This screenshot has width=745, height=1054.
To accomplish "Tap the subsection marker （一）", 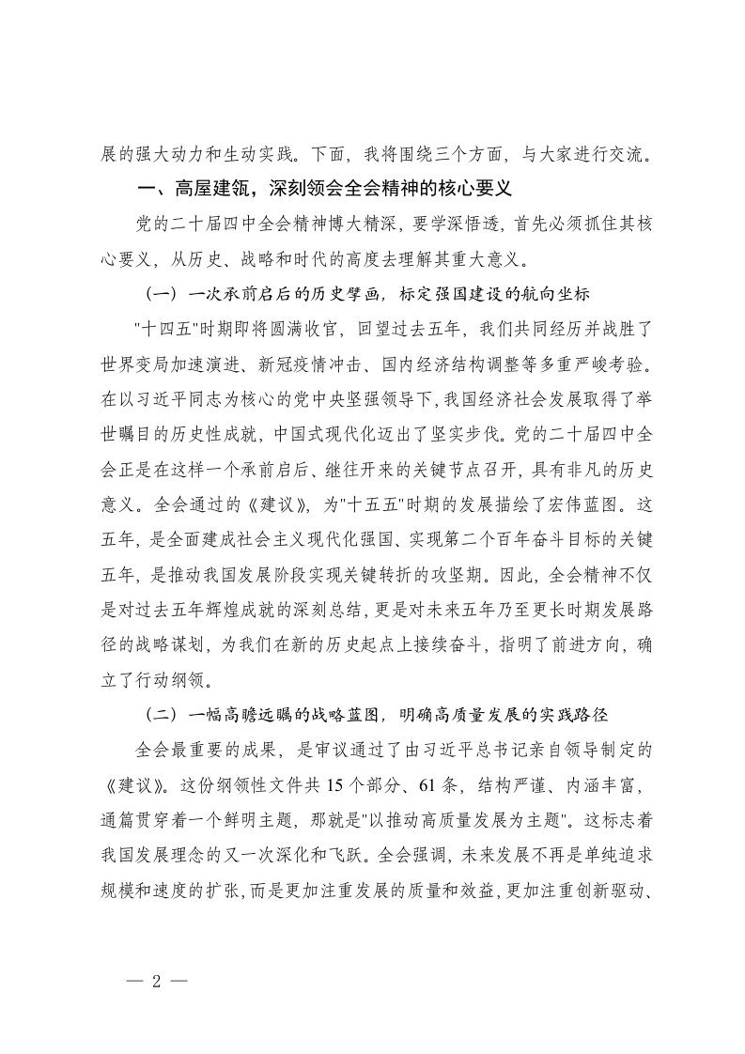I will pyautogui.click(x=160, y=294).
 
